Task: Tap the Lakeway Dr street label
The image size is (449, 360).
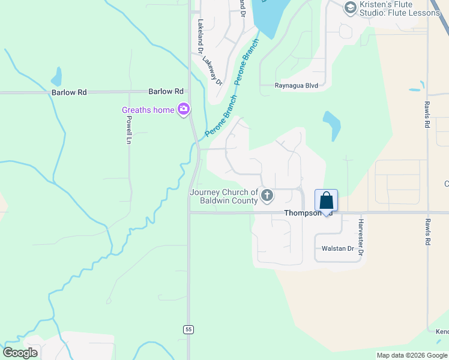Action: (212, 70)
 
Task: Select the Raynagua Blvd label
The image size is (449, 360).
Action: (296, 86)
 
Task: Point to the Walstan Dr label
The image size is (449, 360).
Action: (339, 248)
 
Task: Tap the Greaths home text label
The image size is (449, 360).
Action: (148, 110)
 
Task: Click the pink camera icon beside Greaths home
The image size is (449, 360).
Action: (184, 109)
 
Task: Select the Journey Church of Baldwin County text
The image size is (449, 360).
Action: (224, 196)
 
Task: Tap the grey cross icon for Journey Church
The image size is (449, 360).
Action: (267, 195)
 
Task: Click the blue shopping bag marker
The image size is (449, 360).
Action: (326, 201)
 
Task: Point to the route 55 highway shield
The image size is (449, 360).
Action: (188, 329)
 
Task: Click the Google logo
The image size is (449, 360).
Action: (20, 353)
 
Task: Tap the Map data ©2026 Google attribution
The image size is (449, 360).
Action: (412, 355)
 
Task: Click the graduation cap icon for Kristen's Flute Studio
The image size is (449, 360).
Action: (350, 8)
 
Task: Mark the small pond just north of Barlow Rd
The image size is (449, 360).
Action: (56, 77)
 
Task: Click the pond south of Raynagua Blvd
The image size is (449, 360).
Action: (332, 125)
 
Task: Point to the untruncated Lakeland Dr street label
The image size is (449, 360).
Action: (200, 37)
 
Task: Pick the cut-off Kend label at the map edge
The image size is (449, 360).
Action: (442, 332)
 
